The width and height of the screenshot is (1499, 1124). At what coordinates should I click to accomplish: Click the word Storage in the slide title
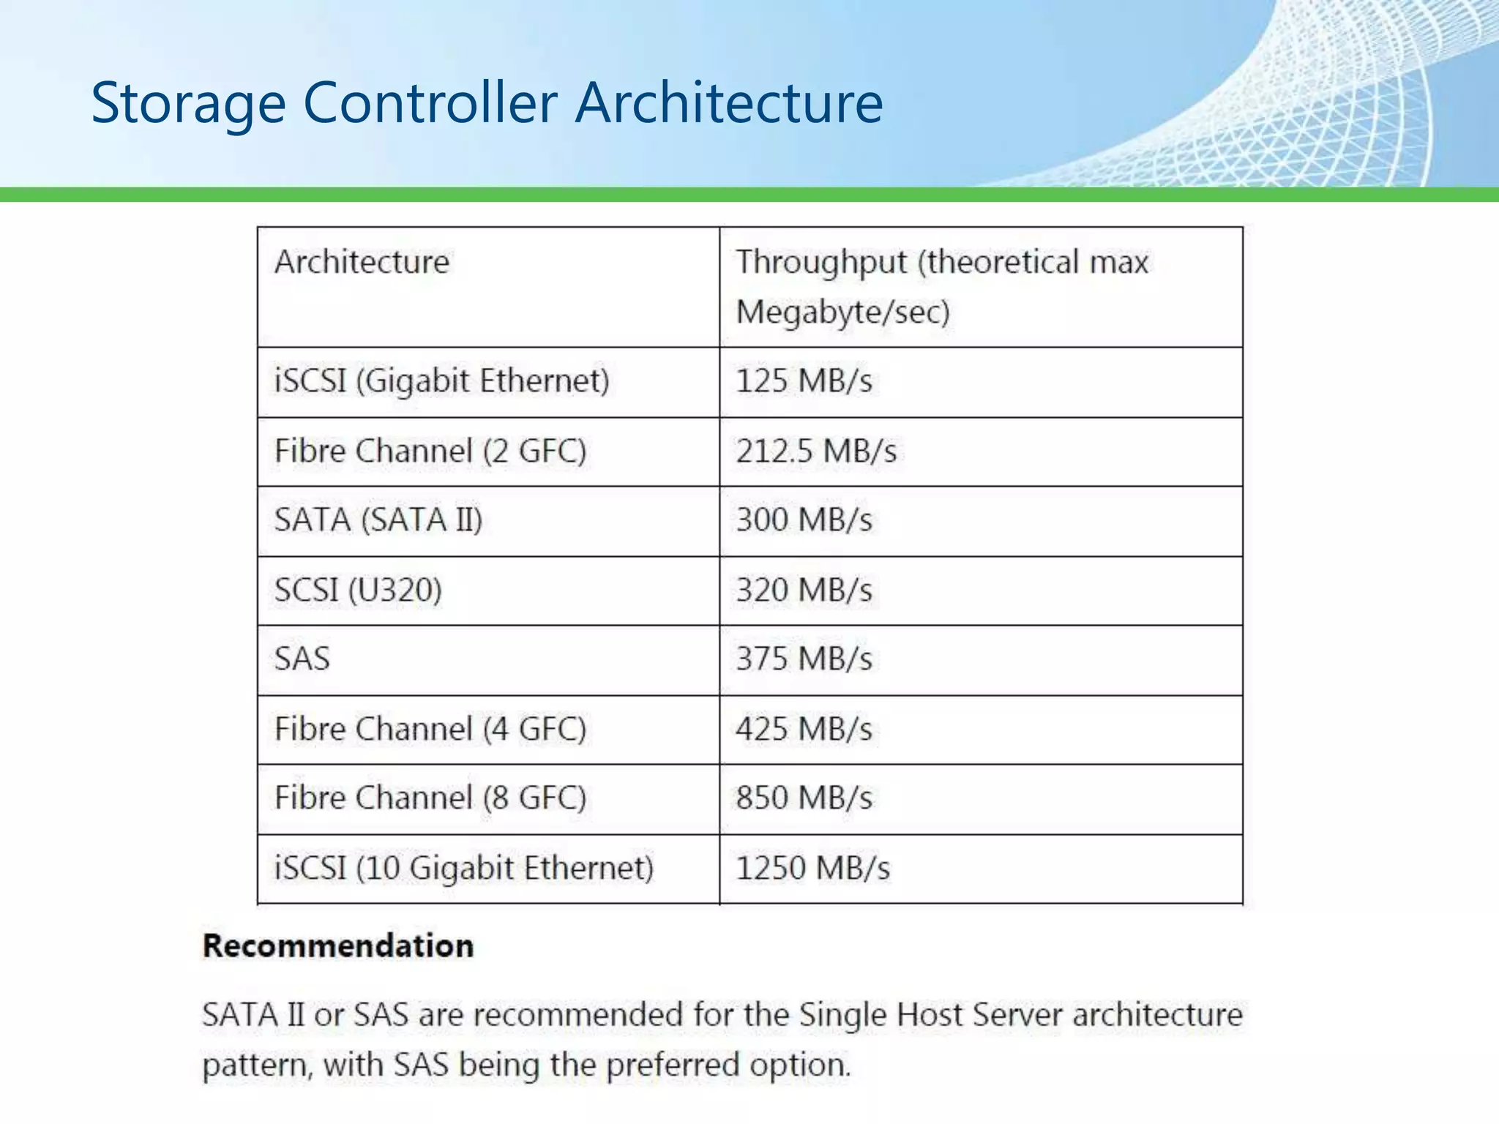click(188, 103)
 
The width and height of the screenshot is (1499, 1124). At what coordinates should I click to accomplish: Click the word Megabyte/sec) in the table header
click(842, 312)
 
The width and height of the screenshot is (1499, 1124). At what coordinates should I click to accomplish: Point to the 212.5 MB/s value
click(815, 451)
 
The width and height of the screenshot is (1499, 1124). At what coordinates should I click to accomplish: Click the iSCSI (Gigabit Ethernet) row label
click(441, 381)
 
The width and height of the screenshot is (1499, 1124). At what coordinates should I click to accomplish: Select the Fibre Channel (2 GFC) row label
click(430, 451)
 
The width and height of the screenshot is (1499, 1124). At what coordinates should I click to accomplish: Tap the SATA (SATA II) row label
click(378, 520)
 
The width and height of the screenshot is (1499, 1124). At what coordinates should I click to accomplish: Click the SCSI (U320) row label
click(358, 590)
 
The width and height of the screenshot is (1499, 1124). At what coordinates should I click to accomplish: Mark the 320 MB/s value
click(804, 590)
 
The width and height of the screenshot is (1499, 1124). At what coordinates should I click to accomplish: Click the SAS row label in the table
click(302, 659)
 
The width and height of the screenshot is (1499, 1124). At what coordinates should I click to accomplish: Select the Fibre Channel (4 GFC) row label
click(430, 729)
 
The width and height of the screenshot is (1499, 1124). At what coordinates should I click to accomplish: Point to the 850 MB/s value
click(804, 798)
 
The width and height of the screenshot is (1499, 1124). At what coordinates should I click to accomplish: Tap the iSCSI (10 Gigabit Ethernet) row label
click(463, 868)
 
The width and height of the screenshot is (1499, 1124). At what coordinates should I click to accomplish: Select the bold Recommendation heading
click(338, 945)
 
